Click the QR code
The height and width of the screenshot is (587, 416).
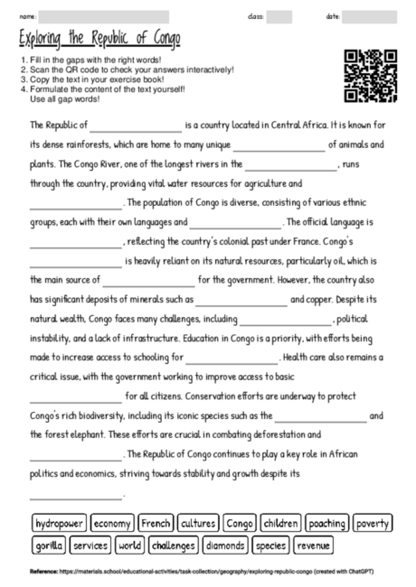(x=371, y=76)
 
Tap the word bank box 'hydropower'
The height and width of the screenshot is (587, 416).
(x=59, y=524)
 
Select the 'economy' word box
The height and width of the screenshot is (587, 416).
(x=112, y=524)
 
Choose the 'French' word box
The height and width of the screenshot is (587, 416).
(x=156, y=524)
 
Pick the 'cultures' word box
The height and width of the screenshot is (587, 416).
(x=198, y=524)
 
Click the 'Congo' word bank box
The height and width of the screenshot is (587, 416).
(x=240, y=524)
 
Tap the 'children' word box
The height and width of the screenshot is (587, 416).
(x=281, y=524)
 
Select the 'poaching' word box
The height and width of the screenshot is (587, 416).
(x=327, y=524)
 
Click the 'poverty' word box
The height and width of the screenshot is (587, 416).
(x=373, y=524)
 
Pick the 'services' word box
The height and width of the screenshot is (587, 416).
(x=90, y=545)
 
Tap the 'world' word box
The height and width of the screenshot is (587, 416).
(x=130, y=545)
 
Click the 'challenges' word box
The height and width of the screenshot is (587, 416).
(x=174, y=545)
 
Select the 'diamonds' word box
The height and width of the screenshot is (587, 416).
(x=225, y=545)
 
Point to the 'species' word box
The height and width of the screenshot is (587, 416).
(x=270, y=545)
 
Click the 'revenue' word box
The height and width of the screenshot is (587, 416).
(x=313, y=545)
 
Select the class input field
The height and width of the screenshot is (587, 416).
(x=279, y=16)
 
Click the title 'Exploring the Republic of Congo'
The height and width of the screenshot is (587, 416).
(x=99, y=39)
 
